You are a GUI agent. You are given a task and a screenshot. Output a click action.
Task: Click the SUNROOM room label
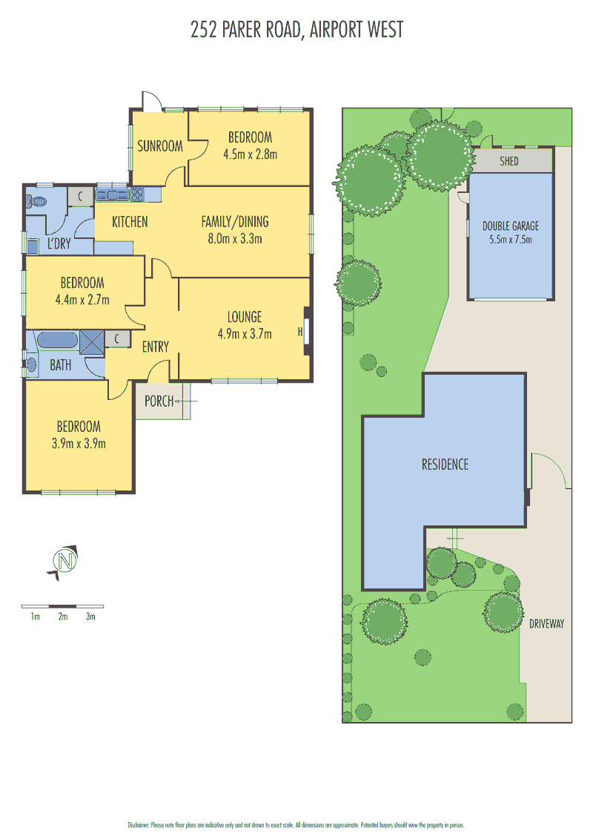(160, 145)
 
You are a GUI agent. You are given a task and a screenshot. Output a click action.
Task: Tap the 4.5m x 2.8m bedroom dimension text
(250, 154)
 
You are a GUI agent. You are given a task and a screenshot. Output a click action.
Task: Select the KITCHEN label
(130, 222)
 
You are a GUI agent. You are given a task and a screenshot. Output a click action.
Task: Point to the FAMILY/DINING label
(235, 221)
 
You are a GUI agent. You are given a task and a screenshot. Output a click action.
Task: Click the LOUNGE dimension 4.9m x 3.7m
(245, 334)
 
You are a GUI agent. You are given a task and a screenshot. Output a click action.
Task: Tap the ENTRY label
(155, 347)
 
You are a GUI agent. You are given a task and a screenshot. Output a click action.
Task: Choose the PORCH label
(159, 401)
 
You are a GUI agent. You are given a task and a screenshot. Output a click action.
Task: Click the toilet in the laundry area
(36, 202)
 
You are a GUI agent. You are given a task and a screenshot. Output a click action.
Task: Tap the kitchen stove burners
(137, 194)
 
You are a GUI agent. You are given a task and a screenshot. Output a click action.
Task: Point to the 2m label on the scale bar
(63, 617)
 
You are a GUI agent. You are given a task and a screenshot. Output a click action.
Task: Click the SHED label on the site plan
(509, 161)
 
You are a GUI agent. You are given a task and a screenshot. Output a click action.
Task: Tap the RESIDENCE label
(445, 465)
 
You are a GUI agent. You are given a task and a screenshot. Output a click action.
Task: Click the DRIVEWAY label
(546, 623)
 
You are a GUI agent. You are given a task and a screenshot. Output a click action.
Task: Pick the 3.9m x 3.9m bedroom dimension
(79, 444)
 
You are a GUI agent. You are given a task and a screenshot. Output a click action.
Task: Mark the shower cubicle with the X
(91, 342)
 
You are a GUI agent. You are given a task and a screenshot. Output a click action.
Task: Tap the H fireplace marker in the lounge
(300, 332)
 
